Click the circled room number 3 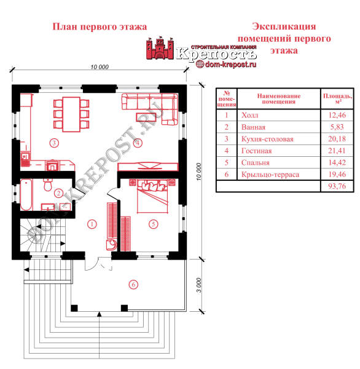click(54, 143)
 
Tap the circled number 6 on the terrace click(133, 285)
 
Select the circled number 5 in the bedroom click(154, 224)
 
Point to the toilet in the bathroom click(48, 184)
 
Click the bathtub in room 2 click(26, 194)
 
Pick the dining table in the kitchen click(71, 114)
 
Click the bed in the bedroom click(152, 196)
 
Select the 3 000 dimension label click(198, 285)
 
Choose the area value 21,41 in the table click(337, 151)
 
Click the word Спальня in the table click(256, 162)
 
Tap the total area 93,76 click(337, 186)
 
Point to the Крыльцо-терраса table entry click(270, 175)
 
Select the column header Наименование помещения click(279, 99)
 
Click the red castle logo click(160, 48)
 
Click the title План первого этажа click(100, 26)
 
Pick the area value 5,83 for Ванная click(337, 127)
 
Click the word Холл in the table click(249, 116)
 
